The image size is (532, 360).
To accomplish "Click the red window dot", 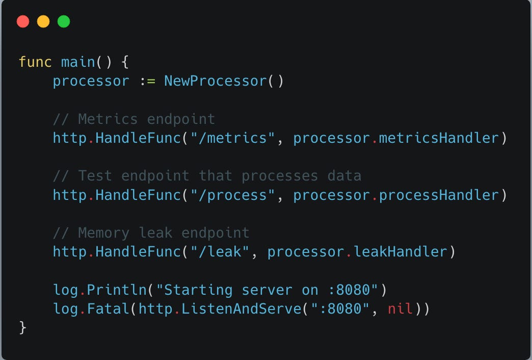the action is pyautogui.click(x=23, y=21).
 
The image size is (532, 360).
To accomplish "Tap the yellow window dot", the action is pyautogui.click(x=43, y=21).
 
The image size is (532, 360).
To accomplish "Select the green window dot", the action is pyautogui.click(x=64, y=21).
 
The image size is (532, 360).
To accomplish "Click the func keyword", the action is pyautogui.click(x=35, y=62).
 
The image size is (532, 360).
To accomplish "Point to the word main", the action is pyautogui.click(x=78, y=62).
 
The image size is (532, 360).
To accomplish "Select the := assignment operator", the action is pyautogui.click(x=147, y=81).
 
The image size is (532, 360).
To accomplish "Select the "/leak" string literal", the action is pyautogui.click(x=224, y=252).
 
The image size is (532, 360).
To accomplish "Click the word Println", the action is pyautogui.click(x=117, y=290).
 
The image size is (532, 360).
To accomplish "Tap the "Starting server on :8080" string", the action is pyautogui.click(x=267, y=290).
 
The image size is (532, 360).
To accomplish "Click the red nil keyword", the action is pyautogui.click(x=400, y=309).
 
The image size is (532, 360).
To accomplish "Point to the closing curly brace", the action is pyautogui.click(x=22, y=327).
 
